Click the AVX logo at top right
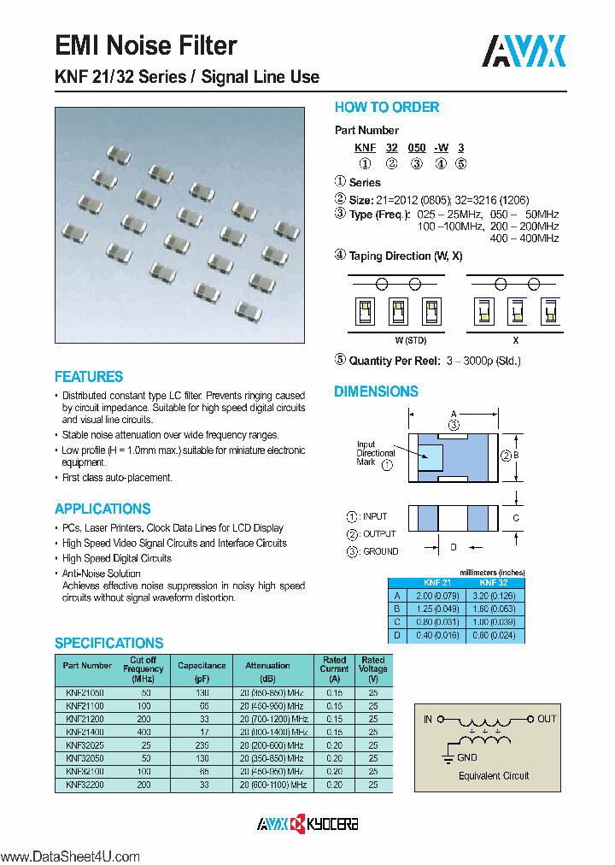[x=524, y=52]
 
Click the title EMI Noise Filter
[x=145, y=45]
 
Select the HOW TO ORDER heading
[x=386, y=108]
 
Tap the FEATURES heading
[x=89, y=377]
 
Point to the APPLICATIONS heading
[x=102, y=509]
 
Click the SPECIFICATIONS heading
[x=108, y=643]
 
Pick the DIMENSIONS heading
[x=376, y=391]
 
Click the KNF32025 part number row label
[x=84, y=745]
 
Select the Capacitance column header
[x=202, y=665]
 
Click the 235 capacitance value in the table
[x=202, y=745]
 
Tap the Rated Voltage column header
[x=373, y=665]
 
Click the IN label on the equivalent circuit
[x=428, y=719]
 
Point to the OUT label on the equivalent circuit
[x=547, y=719]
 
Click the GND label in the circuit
[x=467, y=757]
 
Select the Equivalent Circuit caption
[x=494, y=776]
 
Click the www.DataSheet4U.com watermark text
[x=69, y=856]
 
